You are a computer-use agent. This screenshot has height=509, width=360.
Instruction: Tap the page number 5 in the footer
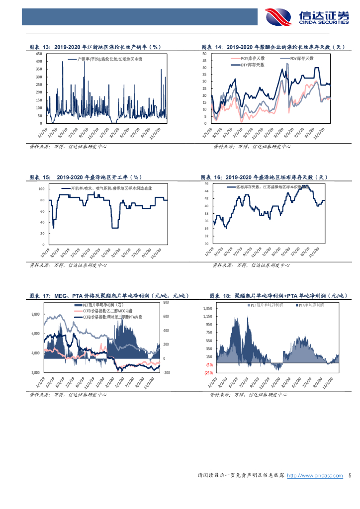(x=350, y=476)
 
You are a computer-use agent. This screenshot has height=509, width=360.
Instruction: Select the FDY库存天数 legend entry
(x=302, y=58)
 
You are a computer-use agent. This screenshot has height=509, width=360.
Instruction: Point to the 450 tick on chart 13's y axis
(x=38, y=54)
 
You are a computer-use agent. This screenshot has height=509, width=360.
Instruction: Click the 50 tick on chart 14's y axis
(x=204, y=54)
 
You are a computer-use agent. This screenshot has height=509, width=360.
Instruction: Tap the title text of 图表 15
(x=86, y=177)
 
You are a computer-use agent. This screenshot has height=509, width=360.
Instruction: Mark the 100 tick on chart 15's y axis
(x=41, y=189)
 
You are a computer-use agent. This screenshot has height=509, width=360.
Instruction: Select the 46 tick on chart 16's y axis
(x=205, y=184)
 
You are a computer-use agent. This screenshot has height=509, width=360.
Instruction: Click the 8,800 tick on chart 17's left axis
(x=35, y=314)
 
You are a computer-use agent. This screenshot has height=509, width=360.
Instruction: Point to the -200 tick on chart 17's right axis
(x=167, y=372)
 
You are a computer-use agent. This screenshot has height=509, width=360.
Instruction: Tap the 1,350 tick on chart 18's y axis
(x=207, y=308)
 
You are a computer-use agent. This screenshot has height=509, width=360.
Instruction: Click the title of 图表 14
(x=273, y=47)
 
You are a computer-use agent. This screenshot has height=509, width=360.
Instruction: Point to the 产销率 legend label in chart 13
(x=106, y=59)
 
